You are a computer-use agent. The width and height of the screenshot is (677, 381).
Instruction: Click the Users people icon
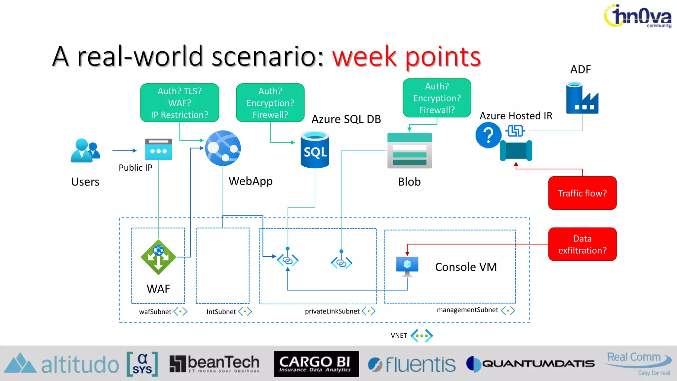click(x=85, y=150)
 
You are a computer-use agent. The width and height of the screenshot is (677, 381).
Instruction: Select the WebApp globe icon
click(x=223, y=148)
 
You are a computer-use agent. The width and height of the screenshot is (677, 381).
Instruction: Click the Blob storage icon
click(x=410, y=150)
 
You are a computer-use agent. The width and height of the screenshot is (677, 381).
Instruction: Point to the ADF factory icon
click(x=582, y=98)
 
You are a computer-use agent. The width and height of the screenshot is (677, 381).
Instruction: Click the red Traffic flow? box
click(x=582, y=193)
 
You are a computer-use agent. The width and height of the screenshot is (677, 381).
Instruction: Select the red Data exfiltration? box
click(x=582, y=244)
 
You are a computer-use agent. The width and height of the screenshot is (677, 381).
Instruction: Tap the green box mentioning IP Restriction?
click(x=179, y=103)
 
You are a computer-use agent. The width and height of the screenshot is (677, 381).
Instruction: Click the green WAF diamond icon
click(x=158, y=257)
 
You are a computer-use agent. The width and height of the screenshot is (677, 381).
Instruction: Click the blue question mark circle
click(x=488, y=135)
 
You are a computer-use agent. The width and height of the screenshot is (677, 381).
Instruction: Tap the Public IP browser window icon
click(x=158, y=149)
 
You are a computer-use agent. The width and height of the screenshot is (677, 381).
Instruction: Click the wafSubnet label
click(x=155, y=312)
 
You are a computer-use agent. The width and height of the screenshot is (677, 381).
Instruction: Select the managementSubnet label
click(x=467, y=310)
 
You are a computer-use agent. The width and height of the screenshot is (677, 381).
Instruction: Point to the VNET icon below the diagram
click(x=421, y=335)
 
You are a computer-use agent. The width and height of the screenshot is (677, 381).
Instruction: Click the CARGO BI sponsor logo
click(x=316, y=364)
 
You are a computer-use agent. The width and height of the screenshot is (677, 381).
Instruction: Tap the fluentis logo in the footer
click(x=412, y=364)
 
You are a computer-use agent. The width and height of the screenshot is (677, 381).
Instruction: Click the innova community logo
click(x=638, y=16)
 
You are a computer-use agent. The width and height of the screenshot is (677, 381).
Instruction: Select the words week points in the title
click(x=406, y=57)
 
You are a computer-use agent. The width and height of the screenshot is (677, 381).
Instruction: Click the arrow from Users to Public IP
click(x=124, y=150)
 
